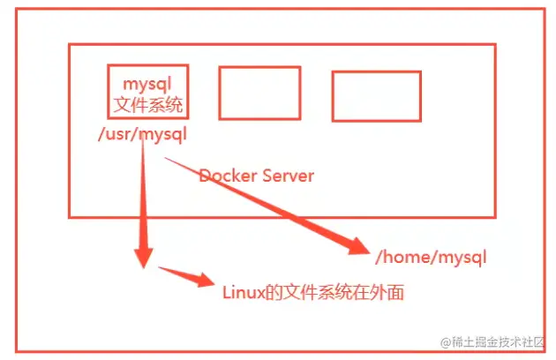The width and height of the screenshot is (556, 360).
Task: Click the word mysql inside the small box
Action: click(147, 84)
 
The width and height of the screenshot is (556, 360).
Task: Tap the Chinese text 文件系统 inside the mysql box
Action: click(147, 105)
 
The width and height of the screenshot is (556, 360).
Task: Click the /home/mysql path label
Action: click(432, 258)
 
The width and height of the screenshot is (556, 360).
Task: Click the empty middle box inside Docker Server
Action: click(259, 92)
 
